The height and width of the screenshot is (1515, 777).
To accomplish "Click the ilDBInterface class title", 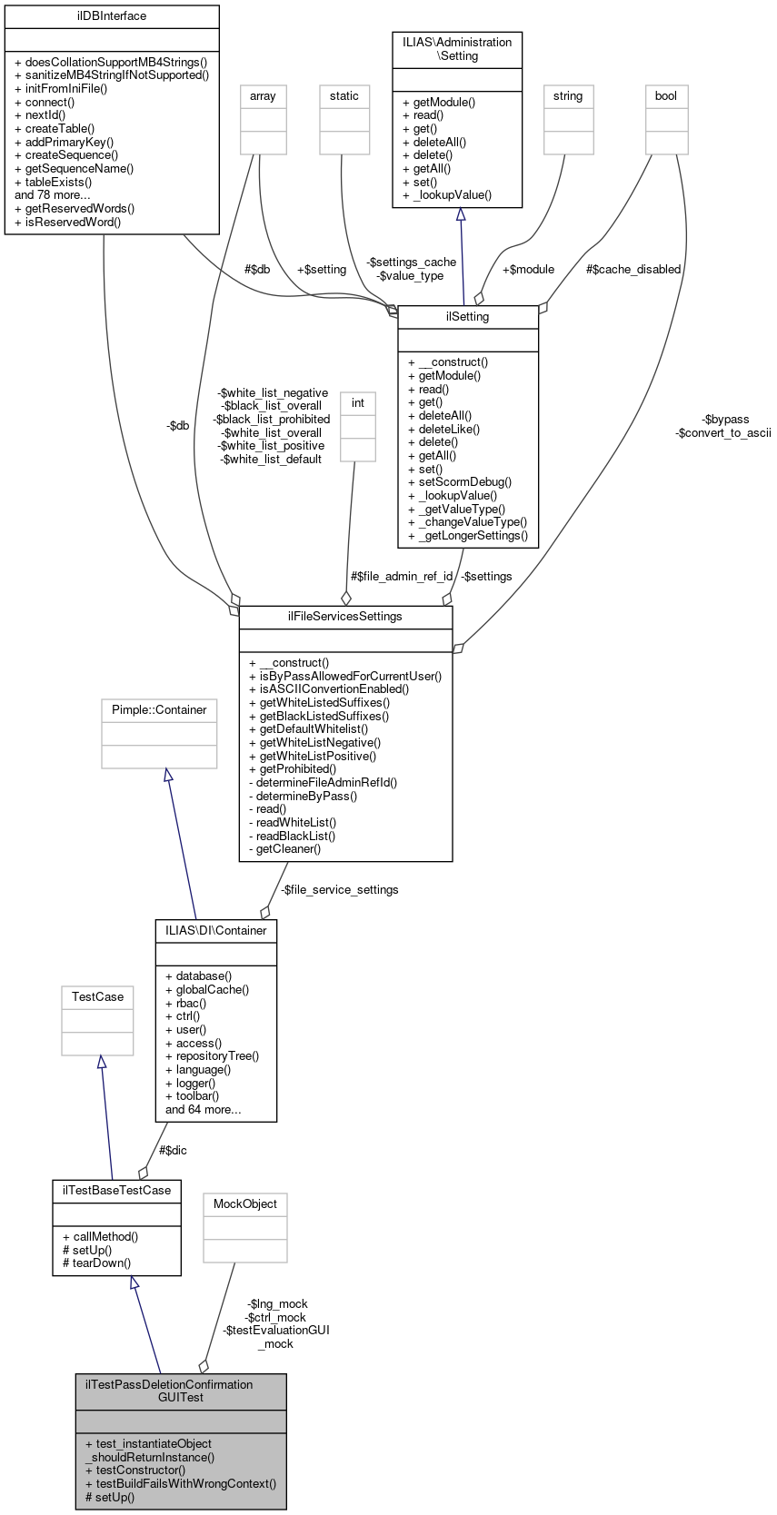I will (x=112, y=16).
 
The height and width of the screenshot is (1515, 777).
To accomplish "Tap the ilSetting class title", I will (x=468, y=317).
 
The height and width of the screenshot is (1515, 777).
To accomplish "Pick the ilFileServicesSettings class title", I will (x=345, y=617).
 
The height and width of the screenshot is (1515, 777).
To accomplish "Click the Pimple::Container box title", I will (x=159, y=710).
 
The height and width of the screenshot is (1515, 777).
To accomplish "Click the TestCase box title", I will (x=97, y=997).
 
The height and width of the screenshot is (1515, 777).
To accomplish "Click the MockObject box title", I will (x=245, y=1204).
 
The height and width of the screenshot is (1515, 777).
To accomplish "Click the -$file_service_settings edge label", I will (x=339, y=890).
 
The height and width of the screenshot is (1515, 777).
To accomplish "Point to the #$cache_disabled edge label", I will (x=633, y=270).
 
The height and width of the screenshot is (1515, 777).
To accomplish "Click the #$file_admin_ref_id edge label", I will (x=401, y=577).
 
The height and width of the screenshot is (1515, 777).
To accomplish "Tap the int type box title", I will (x=358, y=403).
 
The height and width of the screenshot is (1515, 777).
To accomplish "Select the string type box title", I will (x=568, y=96).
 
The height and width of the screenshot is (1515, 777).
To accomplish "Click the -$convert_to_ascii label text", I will (x=723, y=433).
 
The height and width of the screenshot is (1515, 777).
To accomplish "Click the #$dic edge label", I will (x=173, y=1151).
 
